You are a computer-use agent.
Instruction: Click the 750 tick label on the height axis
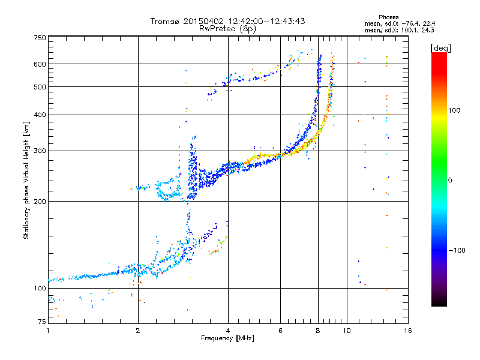(x=40, y=38)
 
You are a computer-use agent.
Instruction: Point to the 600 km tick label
(x=40, y=64)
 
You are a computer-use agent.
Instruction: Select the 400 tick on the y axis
(x=40, y=115)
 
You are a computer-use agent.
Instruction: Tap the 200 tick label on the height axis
(x=40, y=202)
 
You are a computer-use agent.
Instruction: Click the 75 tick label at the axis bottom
(x=41, y=323)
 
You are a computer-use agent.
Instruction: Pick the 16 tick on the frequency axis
(x=407, y=331)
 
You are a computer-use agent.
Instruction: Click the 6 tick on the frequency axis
(x=280, y=331)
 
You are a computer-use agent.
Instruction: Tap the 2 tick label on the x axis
(x=138, y=331)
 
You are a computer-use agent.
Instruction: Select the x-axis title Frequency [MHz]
(x=227, y=338)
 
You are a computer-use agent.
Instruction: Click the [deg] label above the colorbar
(x=441, y=47)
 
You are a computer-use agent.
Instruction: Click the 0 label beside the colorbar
(x=450, y=180)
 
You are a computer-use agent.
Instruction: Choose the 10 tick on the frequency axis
(x=346, y=331)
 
